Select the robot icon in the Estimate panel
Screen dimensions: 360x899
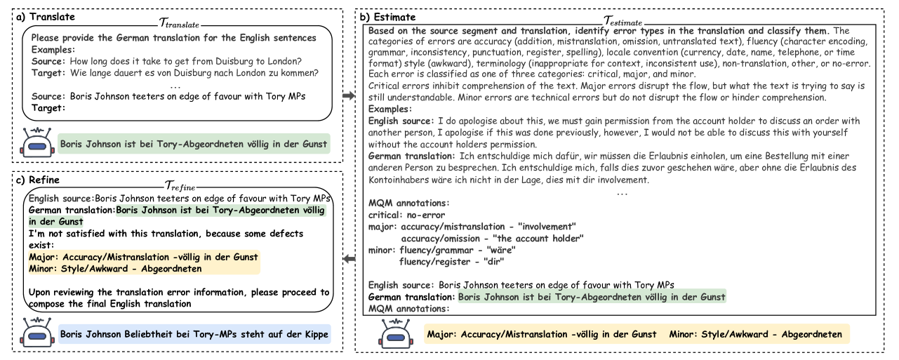pos(397,334)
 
